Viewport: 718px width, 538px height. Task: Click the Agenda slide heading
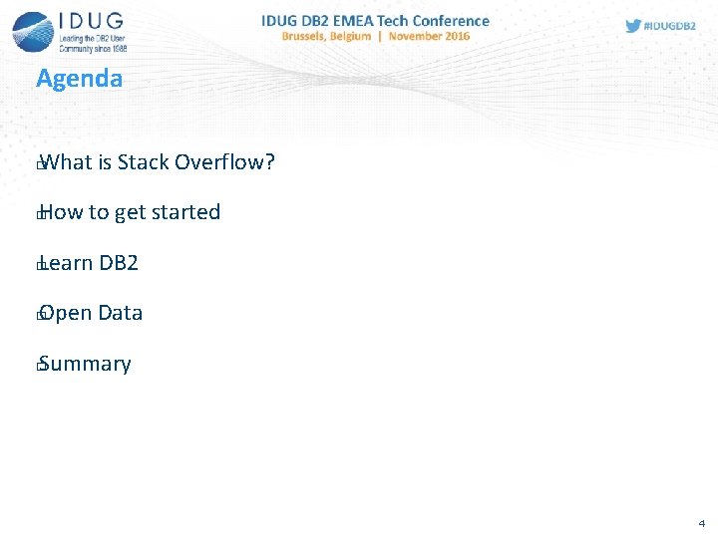click(79, 79)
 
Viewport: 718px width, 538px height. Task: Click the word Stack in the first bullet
click(143, 161)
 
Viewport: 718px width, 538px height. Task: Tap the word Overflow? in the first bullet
click(224, 161)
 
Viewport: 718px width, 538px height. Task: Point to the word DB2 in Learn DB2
click(119, 263)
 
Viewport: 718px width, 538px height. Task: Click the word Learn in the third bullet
click(66, 263)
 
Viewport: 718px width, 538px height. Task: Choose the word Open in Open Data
click(66, 314)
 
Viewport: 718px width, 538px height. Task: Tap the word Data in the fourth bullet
click(121, 313)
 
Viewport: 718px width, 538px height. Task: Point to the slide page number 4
click(701, 522)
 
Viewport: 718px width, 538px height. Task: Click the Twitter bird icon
click(633, 26)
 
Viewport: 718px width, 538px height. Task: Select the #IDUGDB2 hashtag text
click(671, 26)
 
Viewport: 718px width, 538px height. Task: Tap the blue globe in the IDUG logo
click(33, 31)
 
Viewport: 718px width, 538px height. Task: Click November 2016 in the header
click(429, 36)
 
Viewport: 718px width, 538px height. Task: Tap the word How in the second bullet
click(62, 212)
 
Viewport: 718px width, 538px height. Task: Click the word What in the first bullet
click(66, 161)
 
